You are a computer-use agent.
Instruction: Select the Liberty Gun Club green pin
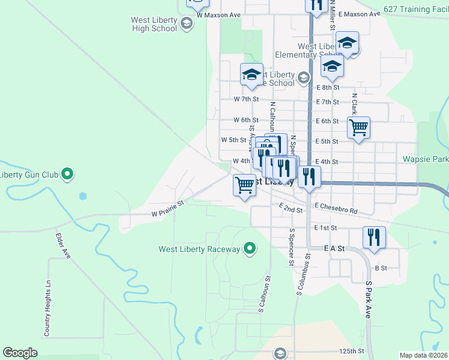(x=68, y=175)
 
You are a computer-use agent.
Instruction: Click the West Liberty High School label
(x=154, y=24)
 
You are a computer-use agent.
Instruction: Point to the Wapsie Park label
(x=427, y=160)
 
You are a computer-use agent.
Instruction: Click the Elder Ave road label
(x=64, y=246)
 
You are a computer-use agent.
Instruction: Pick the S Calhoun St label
(x=262, y=294)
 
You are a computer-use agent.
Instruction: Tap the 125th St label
(x=351, y=350)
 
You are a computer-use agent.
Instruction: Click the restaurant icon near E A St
(x=374, y=236)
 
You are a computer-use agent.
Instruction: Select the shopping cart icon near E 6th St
(x=358, y=127)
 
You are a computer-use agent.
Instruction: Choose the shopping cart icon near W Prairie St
(x=244, y=185)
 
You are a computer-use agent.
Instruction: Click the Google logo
(x=20, y=352)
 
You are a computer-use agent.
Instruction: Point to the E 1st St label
(x=327, y=228)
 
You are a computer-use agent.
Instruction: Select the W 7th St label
(x=246, y=99)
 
